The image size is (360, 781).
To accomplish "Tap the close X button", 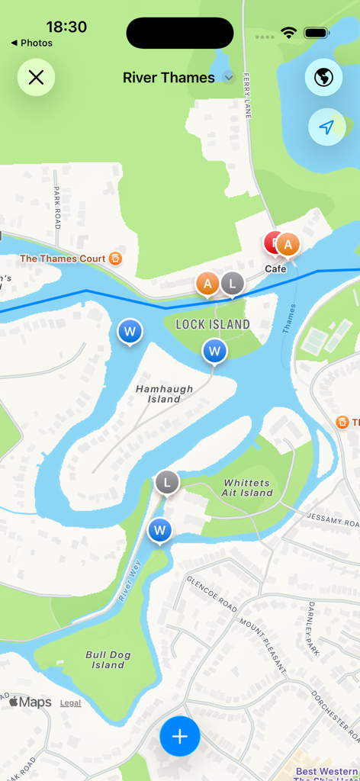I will (36, 77).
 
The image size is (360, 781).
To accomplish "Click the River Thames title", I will (169, 78).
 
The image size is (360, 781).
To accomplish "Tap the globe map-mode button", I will (324, 77).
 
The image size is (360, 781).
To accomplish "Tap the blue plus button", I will (180, 736).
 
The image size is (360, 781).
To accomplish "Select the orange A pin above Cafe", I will (288, 245).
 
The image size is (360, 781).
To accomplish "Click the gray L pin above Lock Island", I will (232, 284).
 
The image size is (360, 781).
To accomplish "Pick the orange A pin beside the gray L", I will (207, 284).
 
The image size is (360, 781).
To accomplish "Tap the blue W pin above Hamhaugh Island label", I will (215, 352).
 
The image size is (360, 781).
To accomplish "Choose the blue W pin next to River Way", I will (159, 530).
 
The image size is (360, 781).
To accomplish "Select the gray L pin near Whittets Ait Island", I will (167, 482).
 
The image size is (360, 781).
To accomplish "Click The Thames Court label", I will (63, 259).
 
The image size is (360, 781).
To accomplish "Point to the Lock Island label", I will (213, 324).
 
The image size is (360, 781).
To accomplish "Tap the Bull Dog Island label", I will (108, 660).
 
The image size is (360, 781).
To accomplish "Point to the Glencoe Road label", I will (211, 594).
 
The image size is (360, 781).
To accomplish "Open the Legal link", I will (70, 702).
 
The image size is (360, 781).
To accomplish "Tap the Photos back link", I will (32, 43).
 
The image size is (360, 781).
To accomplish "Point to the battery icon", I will (316, 33).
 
